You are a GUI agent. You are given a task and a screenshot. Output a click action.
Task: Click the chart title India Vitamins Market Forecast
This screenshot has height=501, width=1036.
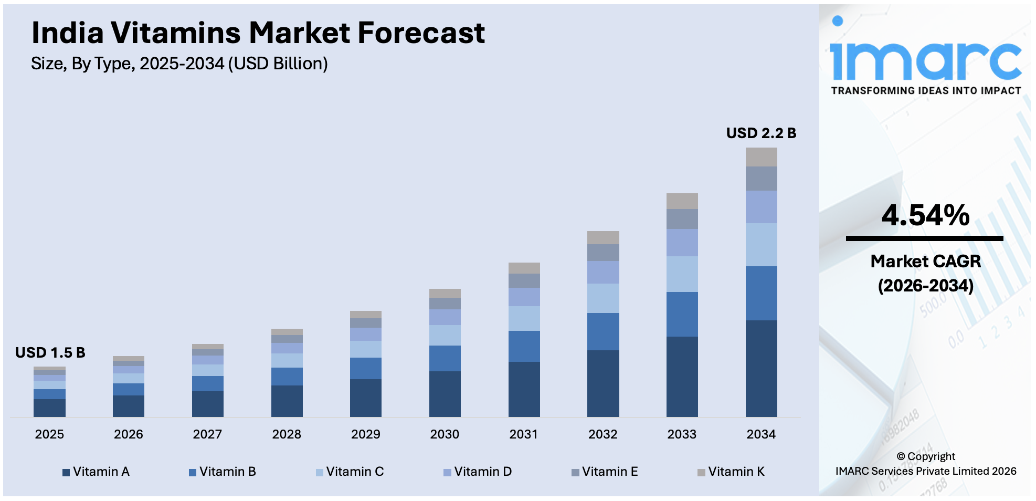click(258, 33)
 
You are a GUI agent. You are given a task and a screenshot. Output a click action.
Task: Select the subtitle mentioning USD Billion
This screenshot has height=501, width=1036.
click(179, 64)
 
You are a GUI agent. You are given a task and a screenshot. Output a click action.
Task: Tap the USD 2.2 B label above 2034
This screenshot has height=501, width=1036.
click(760, 133)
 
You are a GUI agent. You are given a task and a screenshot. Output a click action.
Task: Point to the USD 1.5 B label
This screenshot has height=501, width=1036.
click(50, 352)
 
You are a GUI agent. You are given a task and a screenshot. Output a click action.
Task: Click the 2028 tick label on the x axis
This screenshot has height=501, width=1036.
click(286, 434)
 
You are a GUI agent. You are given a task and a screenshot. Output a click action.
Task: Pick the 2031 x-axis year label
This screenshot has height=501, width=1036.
click(523, 434)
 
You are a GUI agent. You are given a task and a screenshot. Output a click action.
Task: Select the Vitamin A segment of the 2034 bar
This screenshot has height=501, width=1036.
click(761, 368)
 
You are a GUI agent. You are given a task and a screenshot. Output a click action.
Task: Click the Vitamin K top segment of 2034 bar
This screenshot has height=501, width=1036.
click(761, 157)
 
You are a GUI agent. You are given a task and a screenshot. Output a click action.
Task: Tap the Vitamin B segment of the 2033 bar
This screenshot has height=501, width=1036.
click(682, 314)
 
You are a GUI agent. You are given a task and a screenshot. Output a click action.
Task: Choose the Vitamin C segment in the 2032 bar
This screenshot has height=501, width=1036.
click(602, 298)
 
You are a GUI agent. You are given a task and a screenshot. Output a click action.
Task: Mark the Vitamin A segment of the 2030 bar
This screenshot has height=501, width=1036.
click(445, 394)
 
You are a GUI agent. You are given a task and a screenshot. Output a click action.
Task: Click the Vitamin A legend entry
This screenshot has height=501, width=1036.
click(96, 472)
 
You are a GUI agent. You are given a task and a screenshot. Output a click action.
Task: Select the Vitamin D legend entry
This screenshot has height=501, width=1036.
click(478, 472)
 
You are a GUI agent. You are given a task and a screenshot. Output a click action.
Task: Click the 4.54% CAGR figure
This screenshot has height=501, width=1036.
click(925, 215)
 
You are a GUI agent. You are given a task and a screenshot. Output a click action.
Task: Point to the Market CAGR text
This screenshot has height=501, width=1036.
click(925, 262)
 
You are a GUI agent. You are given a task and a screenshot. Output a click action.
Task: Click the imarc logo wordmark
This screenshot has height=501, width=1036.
click(926, 60)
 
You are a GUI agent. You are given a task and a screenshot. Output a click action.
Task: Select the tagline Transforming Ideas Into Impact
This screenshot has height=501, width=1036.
click(926, 91)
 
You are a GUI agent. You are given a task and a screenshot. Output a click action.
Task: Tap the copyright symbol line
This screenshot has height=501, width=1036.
click(926, 456)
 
